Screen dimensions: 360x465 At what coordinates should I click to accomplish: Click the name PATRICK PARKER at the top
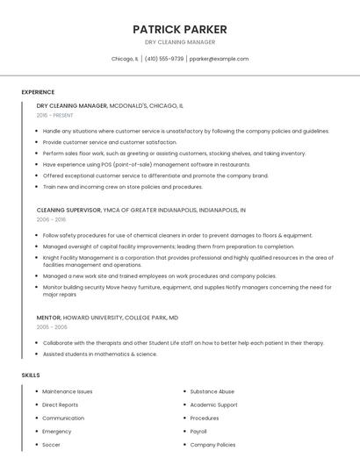click(x=179, y=29)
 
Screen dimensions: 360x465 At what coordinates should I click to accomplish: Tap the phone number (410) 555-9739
click(x=164, y=59)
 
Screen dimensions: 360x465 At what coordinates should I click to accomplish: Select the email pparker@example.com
click(x=219, y=59)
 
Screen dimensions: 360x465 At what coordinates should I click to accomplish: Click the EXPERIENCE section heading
click(x=38, y=92)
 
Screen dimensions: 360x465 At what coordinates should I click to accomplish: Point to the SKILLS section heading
click(x=31, y=376)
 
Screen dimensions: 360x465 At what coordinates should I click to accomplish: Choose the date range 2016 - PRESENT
click(x=55, y=115)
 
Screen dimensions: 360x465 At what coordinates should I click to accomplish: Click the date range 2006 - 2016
click(x=51, y=220)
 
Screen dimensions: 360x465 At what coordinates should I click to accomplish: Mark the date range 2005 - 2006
click(x=51, y=326)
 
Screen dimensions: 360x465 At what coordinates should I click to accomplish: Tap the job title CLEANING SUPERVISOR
click(x=70, y=211)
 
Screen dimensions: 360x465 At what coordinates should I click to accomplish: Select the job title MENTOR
click(x=48, y=317)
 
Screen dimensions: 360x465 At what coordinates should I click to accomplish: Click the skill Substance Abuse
click(x=212, y=391)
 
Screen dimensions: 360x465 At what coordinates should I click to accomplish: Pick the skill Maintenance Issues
click(x=67, y=391)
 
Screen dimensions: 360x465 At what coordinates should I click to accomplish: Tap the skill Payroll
click(x=198, y=432)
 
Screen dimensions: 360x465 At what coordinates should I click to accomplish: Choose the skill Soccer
click(x=51, y=445)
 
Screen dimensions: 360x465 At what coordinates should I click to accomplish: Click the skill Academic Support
click(x=213, y=405)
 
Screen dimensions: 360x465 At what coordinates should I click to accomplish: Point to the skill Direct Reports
click(x=60, y=405)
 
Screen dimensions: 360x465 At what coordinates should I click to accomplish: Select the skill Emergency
click(x=56, y=432)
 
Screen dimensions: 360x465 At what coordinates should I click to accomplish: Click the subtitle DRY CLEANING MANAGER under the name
click(x=179, y=42)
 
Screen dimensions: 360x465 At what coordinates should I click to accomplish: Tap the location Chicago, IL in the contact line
click(x=125, y=59)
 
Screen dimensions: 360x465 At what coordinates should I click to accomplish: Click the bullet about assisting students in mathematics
click(x=99, y=354)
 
